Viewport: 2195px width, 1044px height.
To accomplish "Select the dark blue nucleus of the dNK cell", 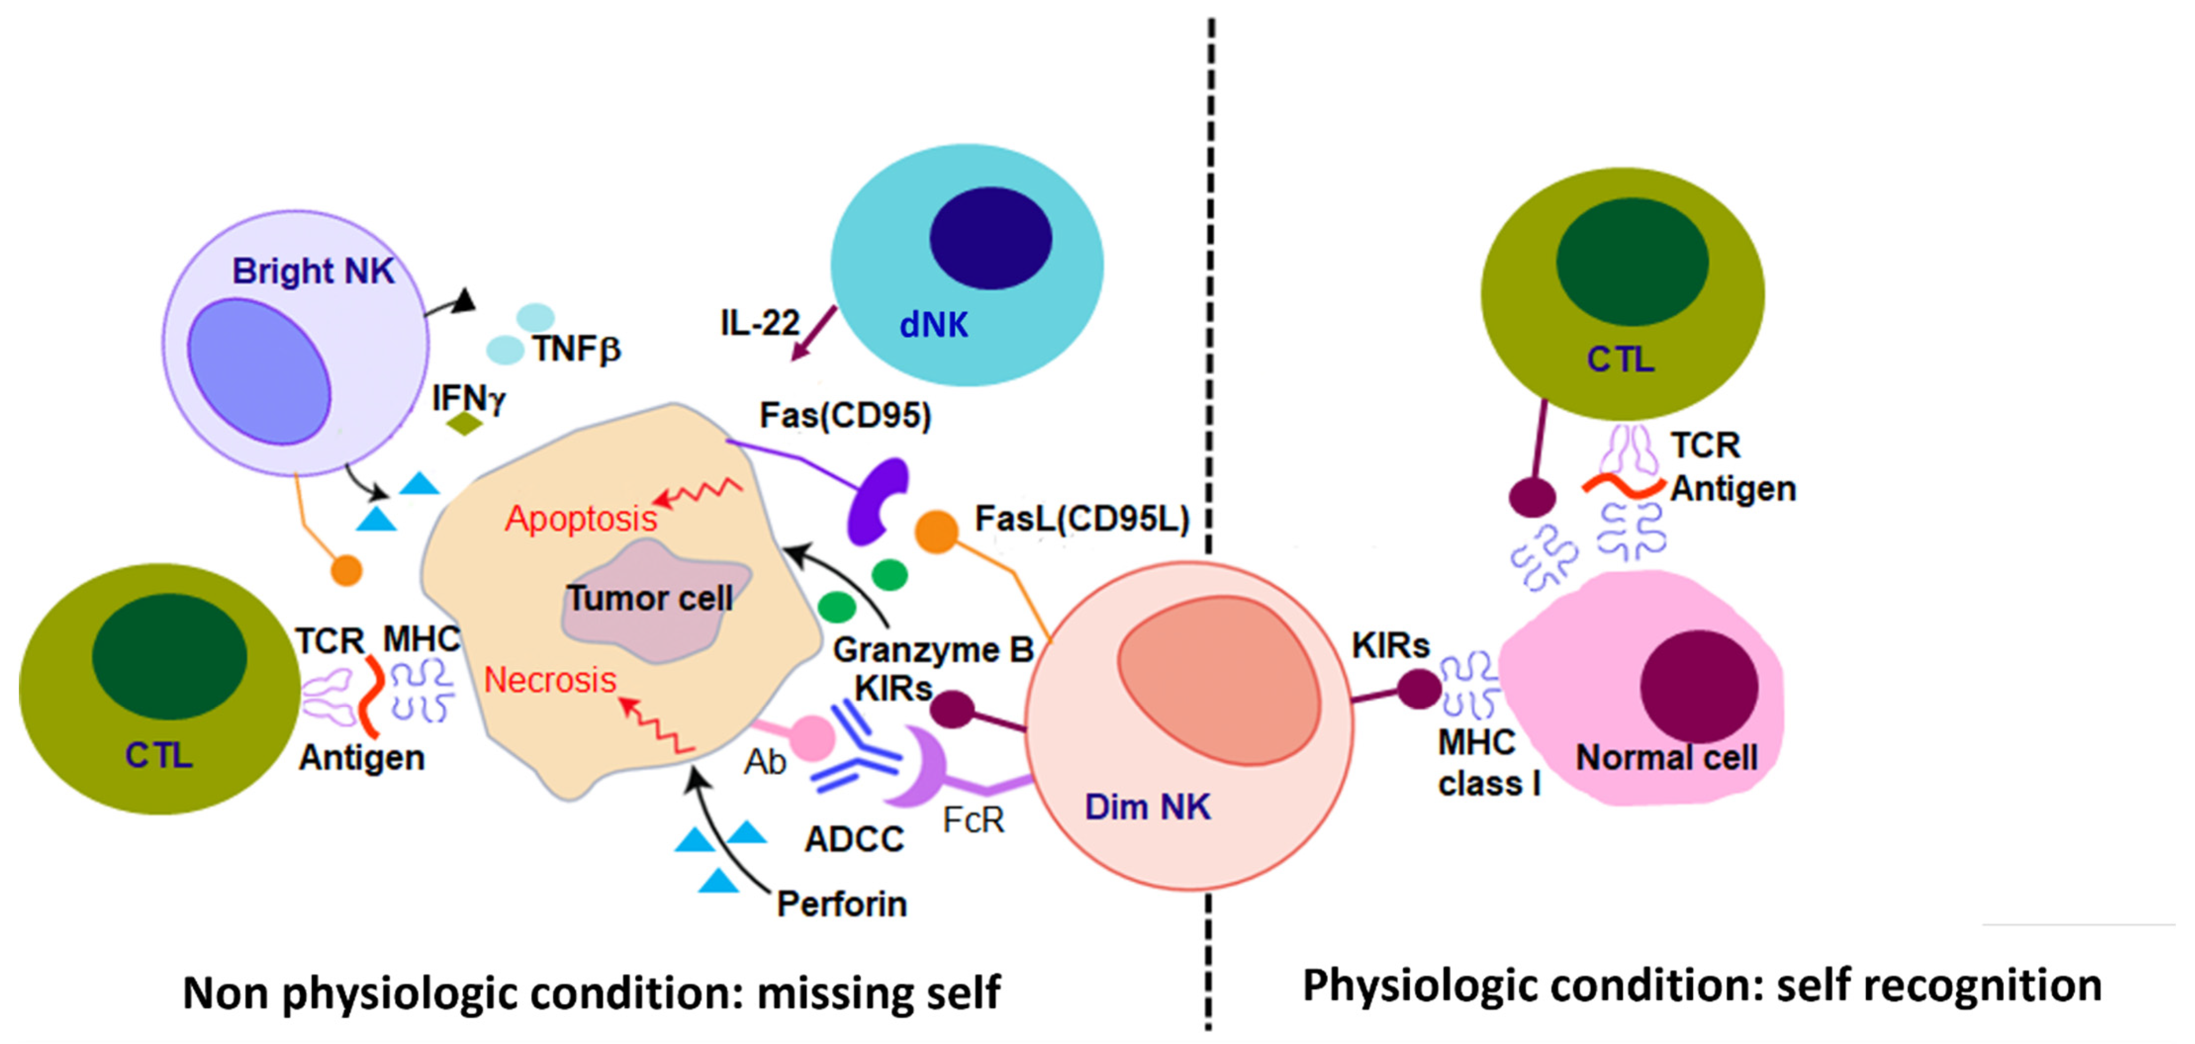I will [990, 238].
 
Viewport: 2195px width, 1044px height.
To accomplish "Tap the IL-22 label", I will [759, 323].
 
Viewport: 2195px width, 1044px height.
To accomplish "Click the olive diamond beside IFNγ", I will [464, 423].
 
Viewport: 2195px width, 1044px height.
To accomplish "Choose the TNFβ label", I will [577, 349].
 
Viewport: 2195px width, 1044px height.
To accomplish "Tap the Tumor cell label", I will [649, 598].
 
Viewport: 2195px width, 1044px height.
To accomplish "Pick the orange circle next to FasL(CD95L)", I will [936, 532].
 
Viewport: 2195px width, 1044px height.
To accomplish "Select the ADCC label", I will [854, 839].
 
